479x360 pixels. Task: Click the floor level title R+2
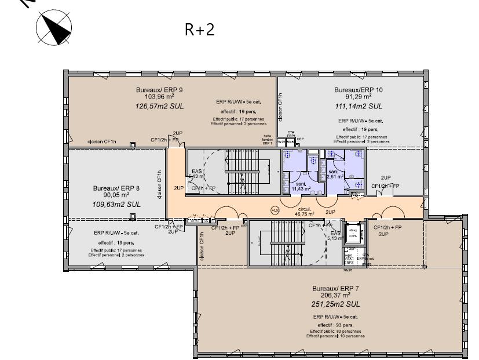pos(199,30)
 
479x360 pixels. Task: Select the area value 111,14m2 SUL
pos(359,107)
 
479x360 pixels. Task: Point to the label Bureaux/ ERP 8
pos(116,188)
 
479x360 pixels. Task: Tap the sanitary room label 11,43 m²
pos(301,188)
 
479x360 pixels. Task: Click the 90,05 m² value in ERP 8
pos(116,196)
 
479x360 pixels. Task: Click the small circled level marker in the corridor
pos(274,211)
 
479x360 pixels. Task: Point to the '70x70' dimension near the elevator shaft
pos(348,270)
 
